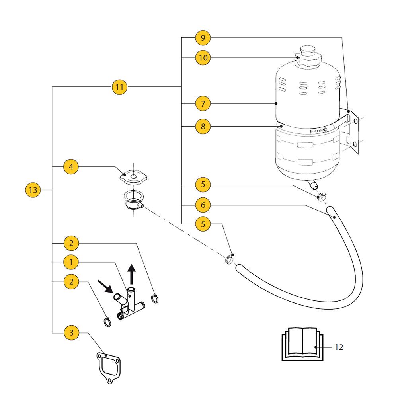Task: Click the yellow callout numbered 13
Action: click(x=33, y=190)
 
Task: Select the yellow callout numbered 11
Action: click(x=119, y=87)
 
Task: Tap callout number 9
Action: click(x=203, y=38)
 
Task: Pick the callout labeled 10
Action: click(x=203, y=58)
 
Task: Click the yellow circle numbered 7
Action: click(x=203, y=103)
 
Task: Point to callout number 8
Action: click(x=203, y=126)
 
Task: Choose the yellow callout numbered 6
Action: click(x=203, y=205)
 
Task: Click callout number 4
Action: click(x=71, y=167)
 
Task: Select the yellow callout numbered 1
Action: click(x=71, y=262)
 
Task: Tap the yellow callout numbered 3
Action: click(x=71, y=332)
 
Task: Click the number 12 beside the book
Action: click(x=339, y=347)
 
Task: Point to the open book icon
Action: click(x=302, y=344)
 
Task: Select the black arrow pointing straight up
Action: click(x=131, y=274)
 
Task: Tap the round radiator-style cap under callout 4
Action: click(x=133, y=177)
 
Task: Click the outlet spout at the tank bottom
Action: click(x=313, y=185)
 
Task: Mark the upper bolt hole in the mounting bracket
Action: click(x=355, y=121)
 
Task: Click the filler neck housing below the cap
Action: click(x=133, y=200)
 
